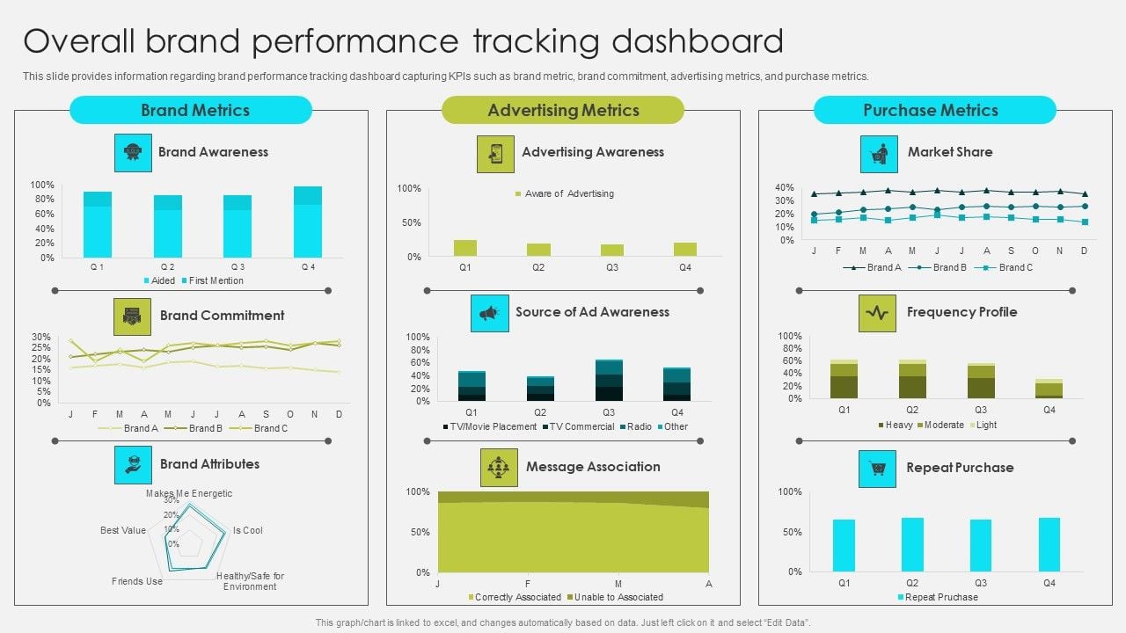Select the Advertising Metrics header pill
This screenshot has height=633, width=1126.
[562, 110]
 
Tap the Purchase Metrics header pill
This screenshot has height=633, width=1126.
[934, 110]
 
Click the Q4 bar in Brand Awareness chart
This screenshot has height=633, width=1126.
[308, 222]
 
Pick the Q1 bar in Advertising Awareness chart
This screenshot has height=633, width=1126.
[465, 248]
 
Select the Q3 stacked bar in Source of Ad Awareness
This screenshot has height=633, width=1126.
[609, 380]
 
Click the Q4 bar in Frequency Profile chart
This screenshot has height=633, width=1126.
[1049, 389]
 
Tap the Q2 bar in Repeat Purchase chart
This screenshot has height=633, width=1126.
[912, 544]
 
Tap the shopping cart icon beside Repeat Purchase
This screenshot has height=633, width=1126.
[877, 469]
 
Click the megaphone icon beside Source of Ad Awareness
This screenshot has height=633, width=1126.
[490, 313]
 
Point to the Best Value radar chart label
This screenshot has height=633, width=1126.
[123, 530]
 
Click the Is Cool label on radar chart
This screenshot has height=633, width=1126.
[247, 530]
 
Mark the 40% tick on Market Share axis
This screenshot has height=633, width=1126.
[785, 187]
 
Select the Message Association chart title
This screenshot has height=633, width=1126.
[593, 467]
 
